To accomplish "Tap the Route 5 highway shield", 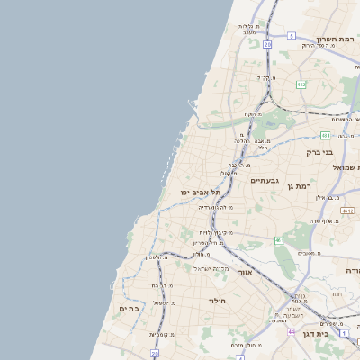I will click(292, 36).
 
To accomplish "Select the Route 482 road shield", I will click(301, 85).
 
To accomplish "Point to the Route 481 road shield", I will click(325, 135).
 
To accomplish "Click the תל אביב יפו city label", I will click(200, 193).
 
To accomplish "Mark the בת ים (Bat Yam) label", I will click(130, 309).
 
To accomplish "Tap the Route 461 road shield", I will click(279, 241).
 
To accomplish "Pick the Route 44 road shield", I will click(291, 332).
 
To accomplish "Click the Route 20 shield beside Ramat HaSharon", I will click(267, 43).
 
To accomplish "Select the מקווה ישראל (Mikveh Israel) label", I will click(211, 269).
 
